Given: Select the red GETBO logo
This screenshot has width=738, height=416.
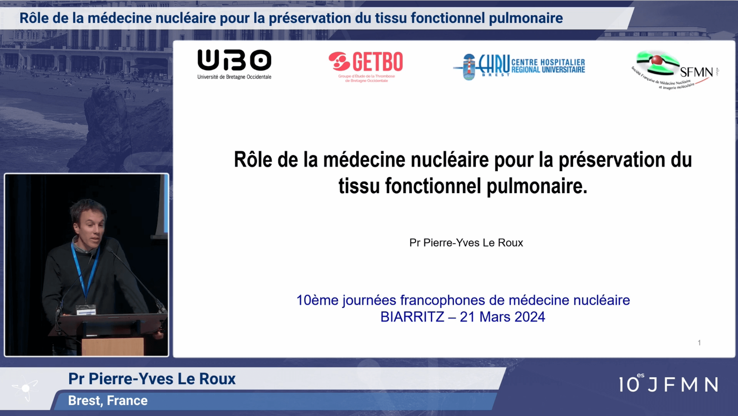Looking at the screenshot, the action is (x=366, y=67).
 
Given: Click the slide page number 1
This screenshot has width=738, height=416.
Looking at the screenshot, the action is (x=699, y=343).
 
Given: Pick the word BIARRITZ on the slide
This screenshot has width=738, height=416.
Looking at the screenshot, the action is (x=412, y=317).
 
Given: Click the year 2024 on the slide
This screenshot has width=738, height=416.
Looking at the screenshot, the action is (x=530, y=317).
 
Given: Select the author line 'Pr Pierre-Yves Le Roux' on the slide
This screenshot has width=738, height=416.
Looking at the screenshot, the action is (x=466, y=243).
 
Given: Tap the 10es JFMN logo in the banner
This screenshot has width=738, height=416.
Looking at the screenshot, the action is (x=668, y=383).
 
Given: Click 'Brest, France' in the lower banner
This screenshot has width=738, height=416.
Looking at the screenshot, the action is (x=108, y=401).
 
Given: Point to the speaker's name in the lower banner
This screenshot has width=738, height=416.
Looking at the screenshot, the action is (x=152, y=379).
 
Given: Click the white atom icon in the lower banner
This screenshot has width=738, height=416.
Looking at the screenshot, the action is (x=25, y=388).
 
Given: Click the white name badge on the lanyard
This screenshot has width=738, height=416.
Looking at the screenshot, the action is (x=86, y=310).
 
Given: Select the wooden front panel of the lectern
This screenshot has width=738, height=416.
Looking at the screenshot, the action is (x=113, y=346).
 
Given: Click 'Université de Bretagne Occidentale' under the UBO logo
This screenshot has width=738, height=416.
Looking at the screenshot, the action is (x=234, y=77).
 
